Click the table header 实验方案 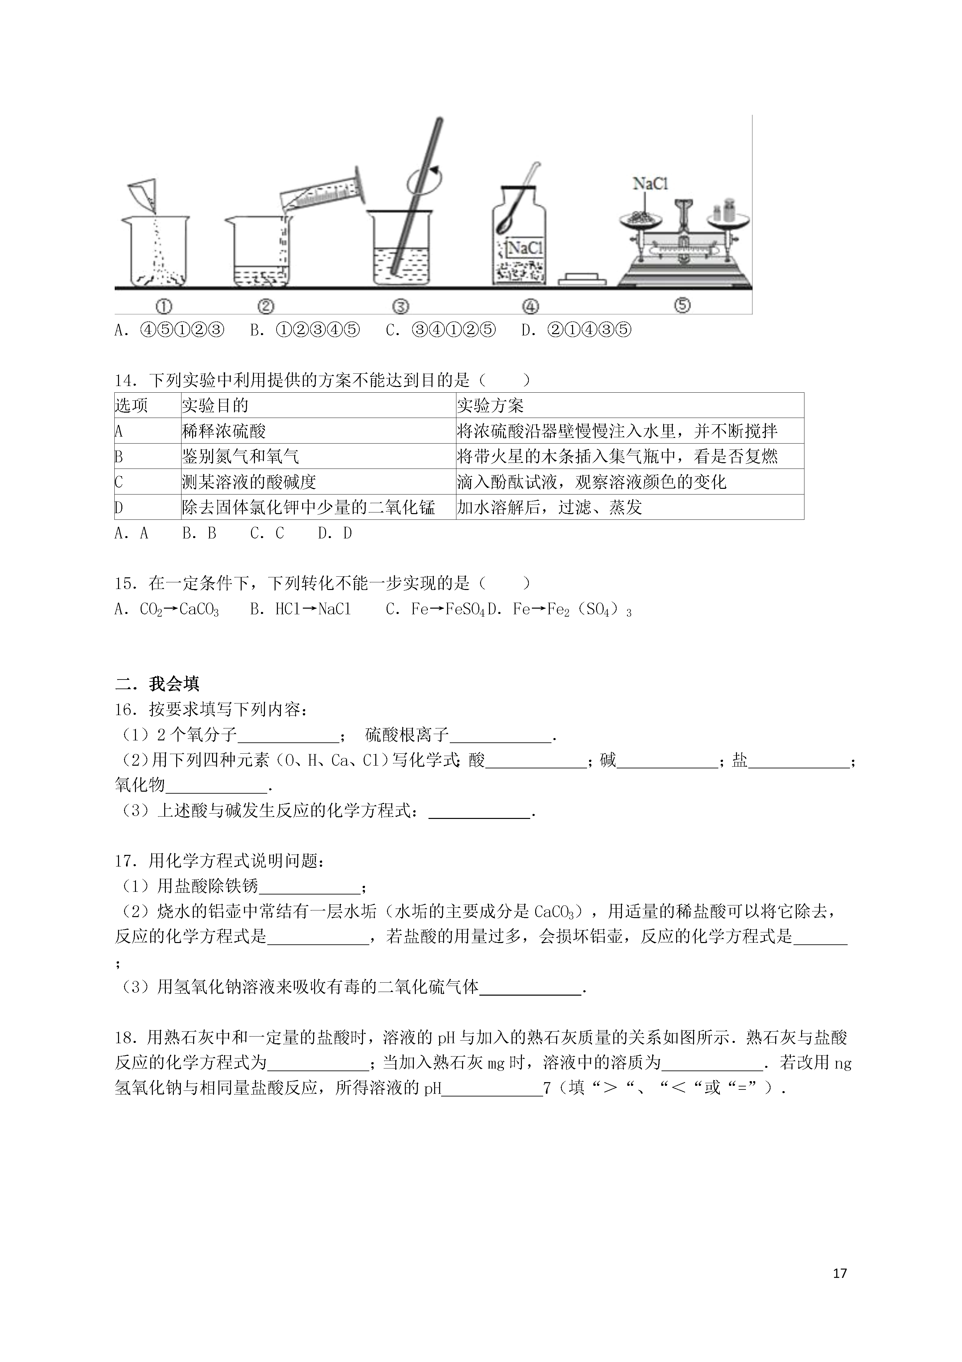click(x=490, y=406)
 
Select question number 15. click(x=126, y=584)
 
